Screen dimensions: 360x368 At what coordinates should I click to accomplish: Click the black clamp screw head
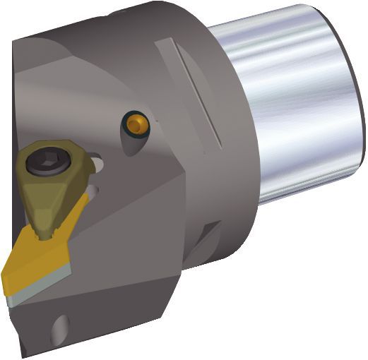tap(41, 165)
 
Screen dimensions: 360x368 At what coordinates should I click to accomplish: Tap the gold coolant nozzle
tap(136, 125)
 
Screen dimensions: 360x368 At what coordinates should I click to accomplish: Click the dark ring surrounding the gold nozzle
tap(128, 127)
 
